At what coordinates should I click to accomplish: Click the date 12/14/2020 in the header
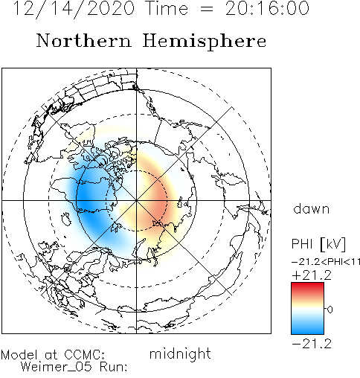[74, 9]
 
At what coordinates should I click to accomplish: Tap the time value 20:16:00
[267, 8]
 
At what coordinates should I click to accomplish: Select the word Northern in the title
[83, 40]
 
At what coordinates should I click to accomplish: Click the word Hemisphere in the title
[205, 42]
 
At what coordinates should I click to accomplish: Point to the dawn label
[312, 208]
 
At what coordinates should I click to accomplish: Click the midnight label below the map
[180, 353]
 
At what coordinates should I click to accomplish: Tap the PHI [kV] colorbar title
[318, 244]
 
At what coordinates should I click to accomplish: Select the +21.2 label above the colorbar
[312, 275]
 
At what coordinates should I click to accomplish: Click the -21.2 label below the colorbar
[312, 344]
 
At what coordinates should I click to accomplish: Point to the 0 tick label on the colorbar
[330, 310]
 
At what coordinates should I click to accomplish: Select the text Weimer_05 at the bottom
[56, 367]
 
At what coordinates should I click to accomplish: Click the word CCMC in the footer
[85, 354]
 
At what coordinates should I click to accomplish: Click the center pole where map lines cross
[136, 200]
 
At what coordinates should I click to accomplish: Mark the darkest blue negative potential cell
[86, 199]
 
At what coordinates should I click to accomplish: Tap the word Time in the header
[167, 9]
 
